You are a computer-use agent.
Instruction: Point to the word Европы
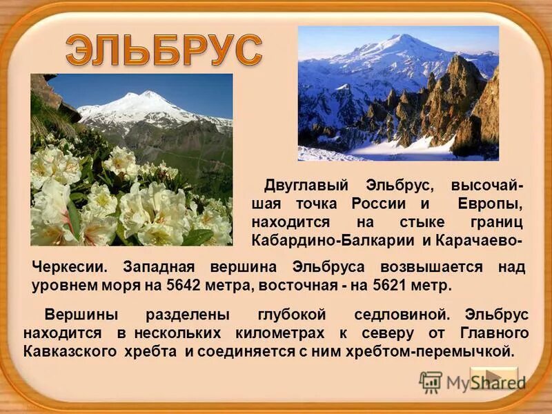pos(489,205)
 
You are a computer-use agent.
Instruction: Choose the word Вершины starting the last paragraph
pos(81,315)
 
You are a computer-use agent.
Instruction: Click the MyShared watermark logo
pos(473,382)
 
